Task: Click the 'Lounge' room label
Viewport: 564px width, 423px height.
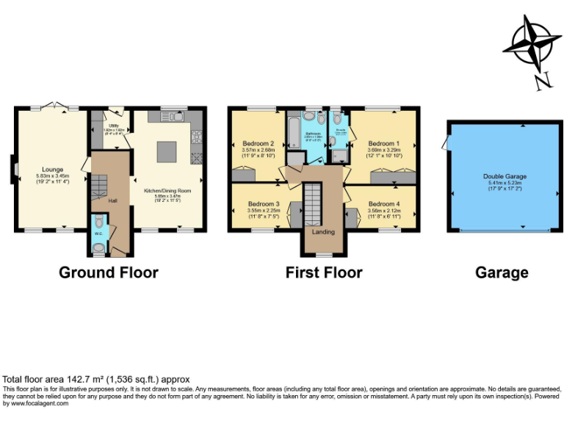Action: click(50, 167)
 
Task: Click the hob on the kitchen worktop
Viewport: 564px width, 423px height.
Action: click(196, 137)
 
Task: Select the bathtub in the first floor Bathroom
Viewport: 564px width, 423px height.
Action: click(292, 131)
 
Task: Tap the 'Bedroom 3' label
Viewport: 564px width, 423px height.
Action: click(263, 203)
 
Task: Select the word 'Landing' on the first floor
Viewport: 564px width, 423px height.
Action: click(323, 232)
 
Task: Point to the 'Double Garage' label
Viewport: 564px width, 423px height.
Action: click(505, 176)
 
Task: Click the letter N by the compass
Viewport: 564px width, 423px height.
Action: click(542, 81)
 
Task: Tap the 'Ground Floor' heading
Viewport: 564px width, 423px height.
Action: click(109, 272)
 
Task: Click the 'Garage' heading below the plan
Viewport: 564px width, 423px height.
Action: click(502, 273)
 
